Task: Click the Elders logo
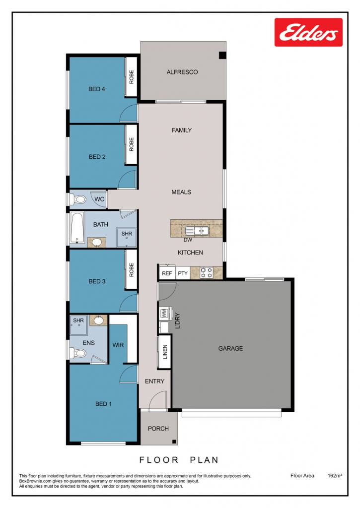click(x=308, y=32)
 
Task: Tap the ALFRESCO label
click(x=182, y=72)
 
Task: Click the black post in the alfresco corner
click(x=222, y=55)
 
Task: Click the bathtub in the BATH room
click(x=77, y=228)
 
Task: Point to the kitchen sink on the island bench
click(x=197, y=231)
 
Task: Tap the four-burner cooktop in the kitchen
click(x=206, y=272)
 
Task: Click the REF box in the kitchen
click(x=167, y=273)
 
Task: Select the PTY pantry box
click(x=183, y=273)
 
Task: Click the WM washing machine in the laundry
click(x=164, y=314)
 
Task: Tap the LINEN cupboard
click(x=164, y=352)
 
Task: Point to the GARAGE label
click(x=230, y=349)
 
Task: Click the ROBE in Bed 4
click(x=132, y=77)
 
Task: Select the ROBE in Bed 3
click(x=132, y=270)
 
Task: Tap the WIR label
click(x=118, y=345)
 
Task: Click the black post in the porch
click(x=174, y=442)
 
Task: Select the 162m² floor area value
click(x=335, y=476)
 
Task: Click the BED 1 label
click(x=103, y=404)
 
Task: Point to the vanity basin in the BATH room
click(x=97, y=242)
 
